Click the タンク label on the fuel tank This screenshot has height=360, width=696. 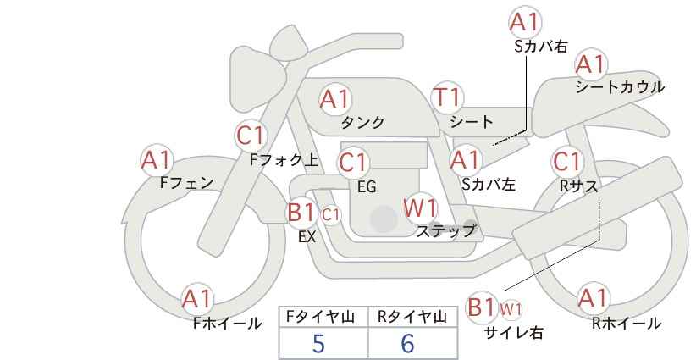coord(362,122)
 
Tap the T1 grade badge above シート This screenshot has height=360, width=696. coord(447,97)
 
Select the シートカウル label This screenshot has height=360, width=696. coord(620,87)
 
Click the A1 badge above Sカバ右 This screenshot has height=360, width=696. coord(526,22)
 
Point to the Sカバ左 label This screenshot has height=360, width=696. coord(489,184)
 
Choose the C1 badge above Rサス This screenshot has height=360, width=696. coord(567,162)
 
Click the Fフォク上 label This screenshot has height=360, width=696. coord(284,160)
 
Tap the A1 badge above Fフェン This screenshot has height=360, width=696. coord(157,160)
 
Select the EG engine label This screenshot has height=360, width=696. coord(367,187)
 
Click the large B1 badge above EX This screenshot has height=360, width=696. coord(301,212)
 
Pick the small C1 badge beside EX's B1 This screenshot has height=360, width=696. coord(331,215)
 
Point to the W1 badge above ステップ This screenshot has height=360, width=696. coord(421,208)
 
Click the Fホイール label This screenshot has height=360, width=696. coord(227,324)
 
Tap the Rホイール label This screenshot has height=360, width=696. coord(627,324)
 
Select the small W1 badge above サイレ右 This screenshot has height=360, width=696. coord(511,309)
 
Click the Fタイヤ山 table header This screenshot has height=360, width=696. coord(320,317)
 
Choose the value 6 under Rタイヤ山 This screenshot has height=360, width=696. coord(407,343)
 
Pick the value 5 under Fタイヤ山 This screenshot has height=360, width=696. coord(318,343)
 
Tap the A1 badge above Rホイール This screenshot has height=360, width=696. coord(593,298)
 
